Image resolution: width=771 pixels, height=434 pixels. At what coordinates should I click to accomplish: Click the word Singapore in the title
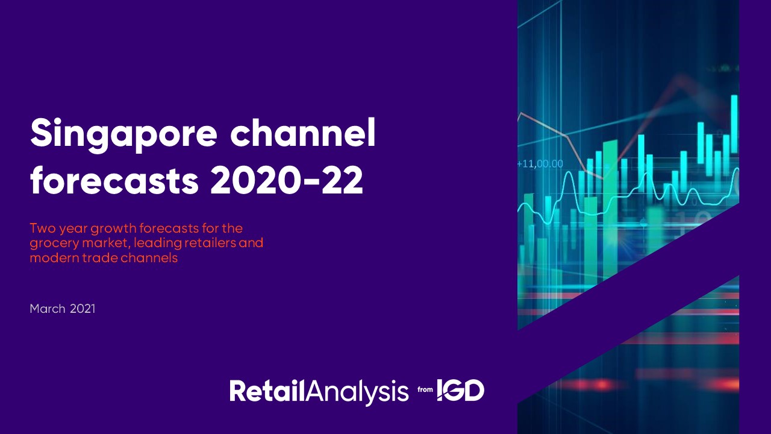124,135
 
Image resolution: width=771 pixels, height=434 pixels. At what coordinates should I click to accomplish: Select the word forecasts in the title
114,180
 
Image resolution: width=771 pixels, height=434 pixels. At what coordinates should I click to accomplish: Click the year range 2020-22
286,180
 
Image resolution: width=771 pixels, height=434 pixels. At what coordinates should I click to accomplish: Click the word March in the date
48,309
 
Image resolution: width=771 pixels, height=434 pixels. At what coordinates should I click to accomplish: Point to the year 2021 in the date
83,309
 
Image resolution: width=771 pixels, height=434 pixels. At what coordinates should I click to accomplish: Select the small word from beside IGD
425,389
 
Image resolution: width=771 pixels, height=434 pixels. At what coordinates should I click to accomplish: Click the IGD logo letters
461,390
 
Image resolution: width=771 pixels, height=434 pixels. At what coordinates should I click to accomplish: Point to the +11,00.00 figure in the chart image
540,163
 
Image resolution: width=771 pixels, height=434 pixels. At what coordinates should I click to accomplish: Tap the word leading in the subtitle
158,244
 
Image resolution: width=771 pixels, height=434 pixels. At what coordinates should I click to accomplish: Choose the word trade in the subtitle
99,257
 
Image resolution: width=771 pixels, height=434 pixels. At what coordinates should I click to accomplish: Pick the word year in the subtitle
73,230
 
